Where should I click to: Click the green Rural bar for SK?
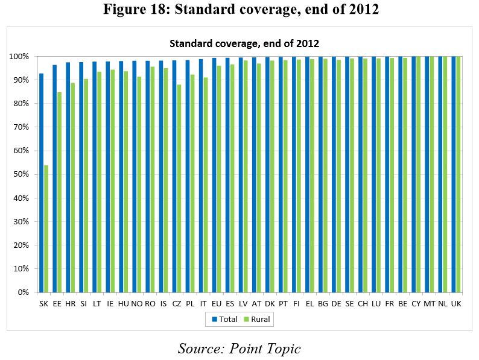pos(46,229)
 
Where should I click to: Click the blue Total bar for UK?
pos(454,174)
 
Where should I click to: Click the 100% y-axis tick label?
pos(20,56)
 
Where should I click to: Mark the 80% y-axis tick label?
pos(22,104)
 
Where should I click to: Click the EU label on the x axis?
pos(217,303)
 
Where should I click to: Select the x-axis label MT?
pos(430,303)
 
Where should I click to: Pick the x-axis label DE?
pos(337,303)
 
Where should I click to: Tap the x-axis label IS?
pos(163,303)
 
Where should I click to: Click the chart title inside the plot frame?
pos(244,43)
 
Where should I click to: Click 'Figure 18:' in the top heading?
pos(135,10)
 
